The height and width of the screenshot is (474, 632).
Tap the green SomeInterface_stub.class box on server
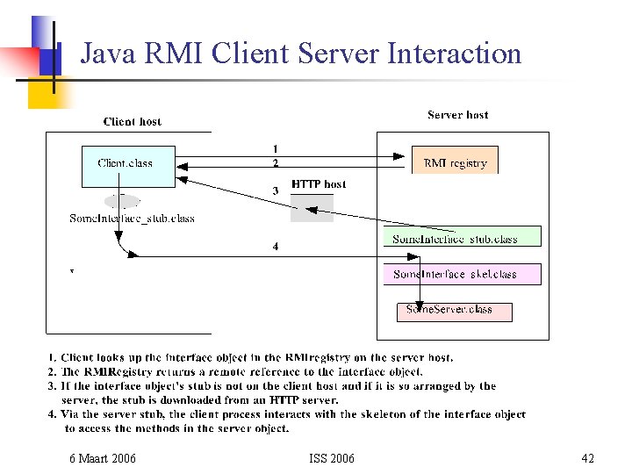462,237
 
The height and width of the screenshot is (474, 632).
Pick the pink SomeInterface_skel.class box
462,274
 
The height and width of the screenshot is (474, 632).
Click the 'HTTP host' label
319,184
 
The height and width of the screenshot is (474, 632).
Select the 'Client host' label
133,122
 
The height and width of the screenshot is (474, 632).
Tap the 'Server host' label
457,115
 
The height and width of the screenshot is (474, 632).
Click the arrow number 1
275,148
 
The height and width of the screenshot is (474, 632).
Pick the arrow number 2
275,162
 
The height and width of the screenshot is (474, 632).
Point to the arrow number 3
275,190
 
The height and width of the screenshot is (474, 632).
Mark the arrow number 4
275,247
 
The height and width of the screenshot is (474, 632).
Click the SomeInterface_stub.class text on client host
132,219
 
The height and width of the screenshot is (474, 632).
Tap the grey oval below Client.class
122,200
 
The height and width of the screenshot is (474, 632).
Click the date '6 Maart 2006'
103,458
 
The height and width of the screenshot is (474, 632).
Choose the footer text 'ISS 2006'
332,458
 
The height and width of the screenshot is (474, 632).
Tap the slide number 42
588,458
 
